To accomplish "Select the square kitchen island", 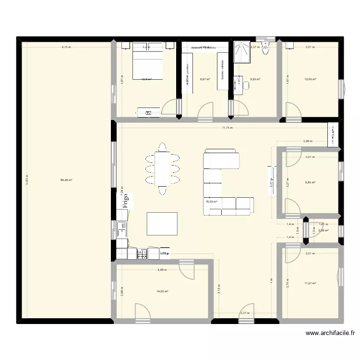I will [x=162, y=224].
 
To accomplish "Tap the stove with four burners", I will [x=143, y=253].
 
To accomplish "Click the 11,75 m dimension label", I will [x=227, y=128].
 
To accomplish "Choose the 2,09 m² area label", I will [x=324, y=230].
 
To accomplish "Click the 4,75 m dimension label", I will [x=66, y=47].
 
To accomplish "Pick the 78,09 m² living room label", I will [x=211, y=202].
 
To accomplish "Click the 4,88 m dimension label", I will [x=162, y=270].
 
